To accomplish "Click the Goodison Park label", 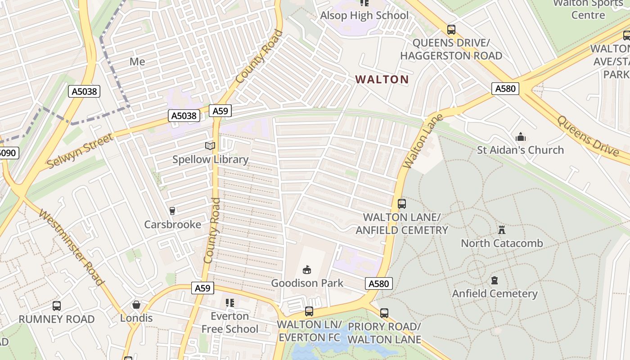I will click(307, 283).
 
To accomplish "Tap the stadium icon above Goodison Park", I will click(307, 270).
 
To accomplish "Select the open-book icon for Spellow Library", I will click(210, 146).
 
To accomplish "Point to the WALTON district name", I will click(382, 80).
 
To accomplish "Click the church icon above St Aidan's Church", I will click(521, 137).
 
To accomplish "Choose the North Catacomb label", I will click(502, 243).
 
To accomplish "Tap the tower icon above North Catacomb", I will click(502, 230).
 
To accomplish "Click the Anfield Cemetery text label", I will click(495, 293).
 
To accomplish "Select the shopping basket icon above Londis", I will click(136, 305).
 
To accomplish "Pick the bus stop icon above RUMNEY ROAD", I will click(57, 306).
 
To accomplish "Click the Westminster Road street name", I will click(72, 247).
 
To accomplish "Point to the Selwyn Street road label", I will click(80, 151).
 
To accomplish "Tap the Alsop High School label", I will click(364, 15).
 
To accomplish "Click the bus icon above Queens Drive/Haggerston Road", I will click(451, 30).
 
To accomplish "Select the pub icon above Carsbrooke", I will click(172, 211).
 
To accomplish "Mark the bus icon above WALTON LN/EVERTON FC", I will click(309, 311).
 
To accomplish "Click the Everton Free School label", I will click(229, 323).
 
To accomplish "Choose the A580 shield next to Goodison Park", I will click(378, 283).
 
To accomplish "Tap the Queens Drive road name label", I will click(588, 135).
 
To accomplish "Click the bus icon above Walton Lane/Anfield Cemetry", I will click(402, 204).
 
